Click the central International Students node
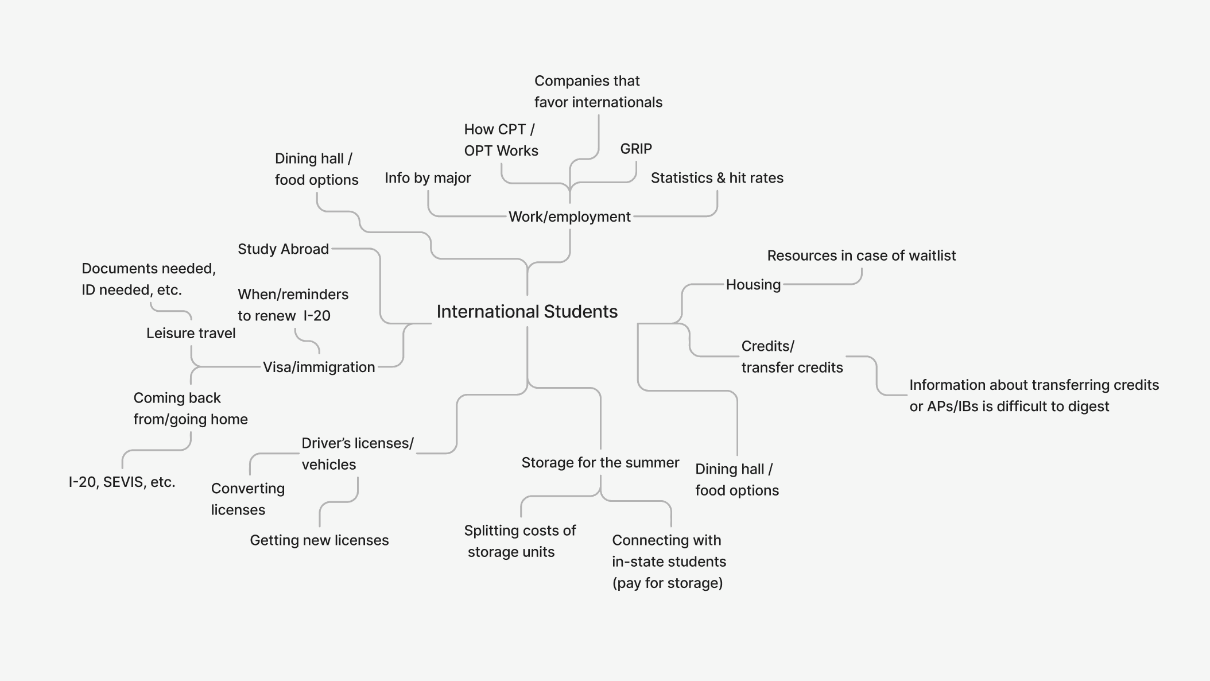(527, 312)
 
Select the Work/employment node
(569, 217)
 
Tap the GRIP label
(636, 149)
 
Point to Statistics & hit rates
(717, 178)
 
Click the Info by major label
(428, 178)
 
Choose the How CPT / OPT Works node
(501, 140)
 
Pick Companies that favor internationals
(598, 92)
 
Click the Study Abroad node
(283, 249)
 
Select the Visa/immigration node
(319, 367)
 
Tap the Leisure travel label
(191, 334)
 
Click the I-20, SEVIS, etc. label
(122, 482)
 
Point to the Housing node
(753, 285)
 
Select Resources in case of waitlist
(861, 256)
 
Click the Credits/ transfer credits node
(792, 357)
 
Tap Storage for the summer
(600, 463)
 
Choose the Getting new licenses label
(319, 540)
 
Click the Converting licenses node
(247, 499)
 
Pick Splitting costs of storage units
(519, 541)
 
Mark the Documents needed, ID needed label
(149, 279)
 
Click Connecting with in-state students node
(669, 562)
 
